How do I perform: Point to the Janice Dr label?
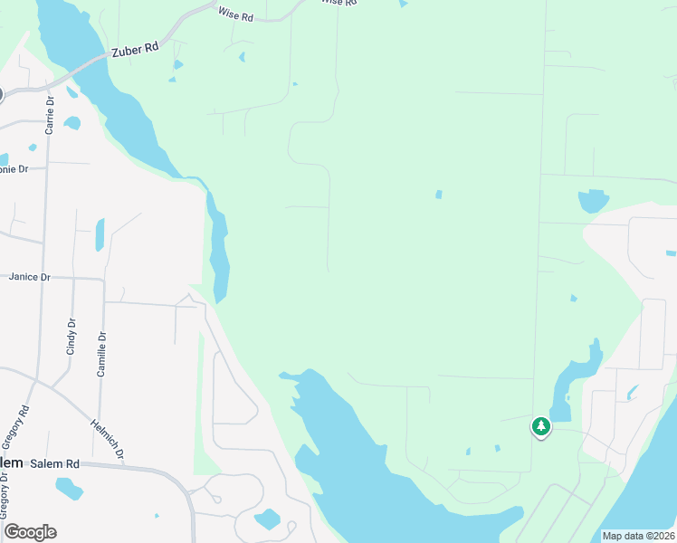(x=29, y=277)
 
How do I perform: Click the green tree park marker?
(x=541, y=426)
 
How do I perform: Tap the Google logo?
(x=30, y=532)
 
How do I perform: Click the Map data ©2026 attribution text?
(x=638, y=536)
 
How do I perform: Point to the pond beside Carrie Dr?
(x=72, y=123)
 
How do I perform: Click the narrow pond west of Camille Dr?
(x=100, y=234)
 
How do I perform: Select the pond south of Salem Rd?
(x=69, y=489)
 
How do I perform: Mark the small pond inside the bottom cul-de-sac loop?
(x=267, y=519)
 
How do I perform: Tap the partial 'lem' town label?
(x=11, y=462)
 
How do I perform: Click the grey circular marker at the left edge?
(x=1, y=94)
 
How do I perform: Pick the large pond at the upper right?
(x=593, y=200)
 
